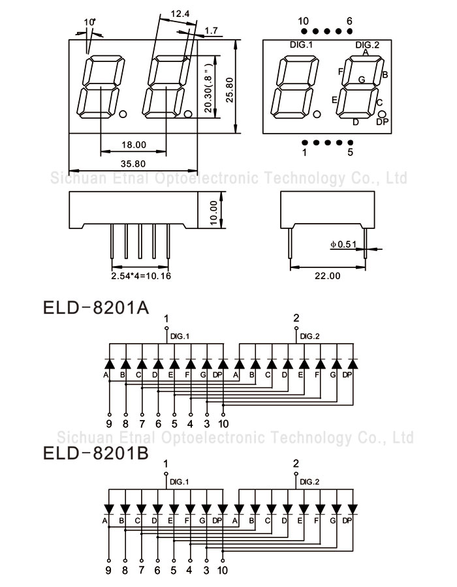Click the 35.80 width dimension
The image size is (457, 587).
(x=133, y=164)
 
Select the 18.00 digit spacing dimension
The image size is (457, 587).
(x=133, y=145)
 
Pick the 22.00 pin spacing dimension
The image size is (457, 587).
(x=327, y=276)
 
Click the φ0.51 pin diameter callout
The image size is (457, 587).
(x=343, y=244)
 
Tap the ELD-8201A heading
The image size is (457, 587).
(x=96, y=307)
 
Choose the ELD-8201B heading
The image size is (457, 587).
(x=96, y=453)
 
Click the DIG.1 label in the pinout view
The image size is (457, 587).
(x=302, y=44)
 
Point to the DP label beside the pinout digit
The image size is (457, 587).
(x=383, y=123)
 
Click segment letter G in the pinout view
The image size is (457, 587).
(x=361, y=80)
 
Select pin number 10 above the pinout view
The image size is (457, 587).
(x=303, y=21)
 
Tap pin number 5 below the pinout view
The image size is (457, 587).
(x=350, y=153)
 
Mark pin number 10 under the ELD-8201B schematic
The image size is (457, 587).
(x=222, y=570)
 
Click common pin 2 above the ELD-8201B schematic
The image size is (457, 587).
(x=296, y=464)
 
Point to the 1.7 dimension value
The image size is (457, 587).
(x=211, y=31)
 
